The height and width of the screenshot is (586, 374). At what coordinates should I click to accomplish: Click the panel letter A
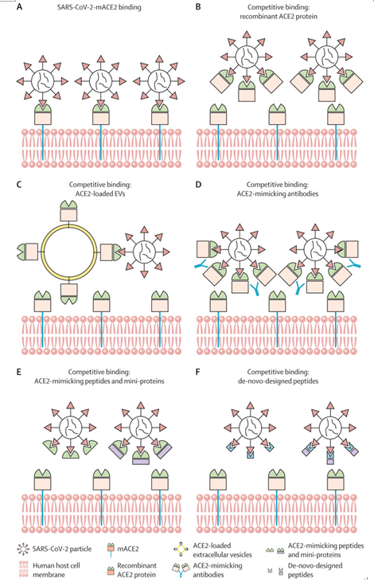click(x=20, y=6)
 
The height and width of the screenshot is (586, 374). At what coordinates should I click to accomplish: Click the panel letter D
click(x=199, y=185)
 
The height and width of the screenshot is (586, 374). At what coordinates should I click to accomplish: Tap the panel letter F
click(x=198, y=372)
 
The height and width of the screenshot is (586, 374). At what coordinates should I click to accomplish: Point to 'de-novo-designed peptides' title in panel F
click(x=278, y=381)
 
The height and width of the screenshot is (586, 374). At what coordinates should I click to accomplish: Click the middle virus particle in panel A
click(x=100, y=80)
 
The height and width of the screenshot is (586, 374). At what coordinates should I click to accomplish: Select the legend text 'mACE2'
click(x=128, y=549)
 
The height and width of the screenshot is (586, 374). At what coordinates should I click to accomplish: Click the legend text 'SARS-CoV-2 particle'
click(x=62, y=549)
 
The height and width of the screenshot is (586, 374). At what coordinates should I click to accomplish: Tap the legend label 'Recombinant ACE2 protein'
click(x=137, y=570)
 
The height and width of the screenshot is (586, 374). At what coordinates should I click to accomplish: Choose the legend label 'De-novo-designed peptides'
click(x=315, y=570)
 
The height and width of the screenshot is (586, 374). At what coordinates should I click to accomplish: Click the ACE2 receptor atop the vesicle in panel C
click(x=69, y=211)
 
